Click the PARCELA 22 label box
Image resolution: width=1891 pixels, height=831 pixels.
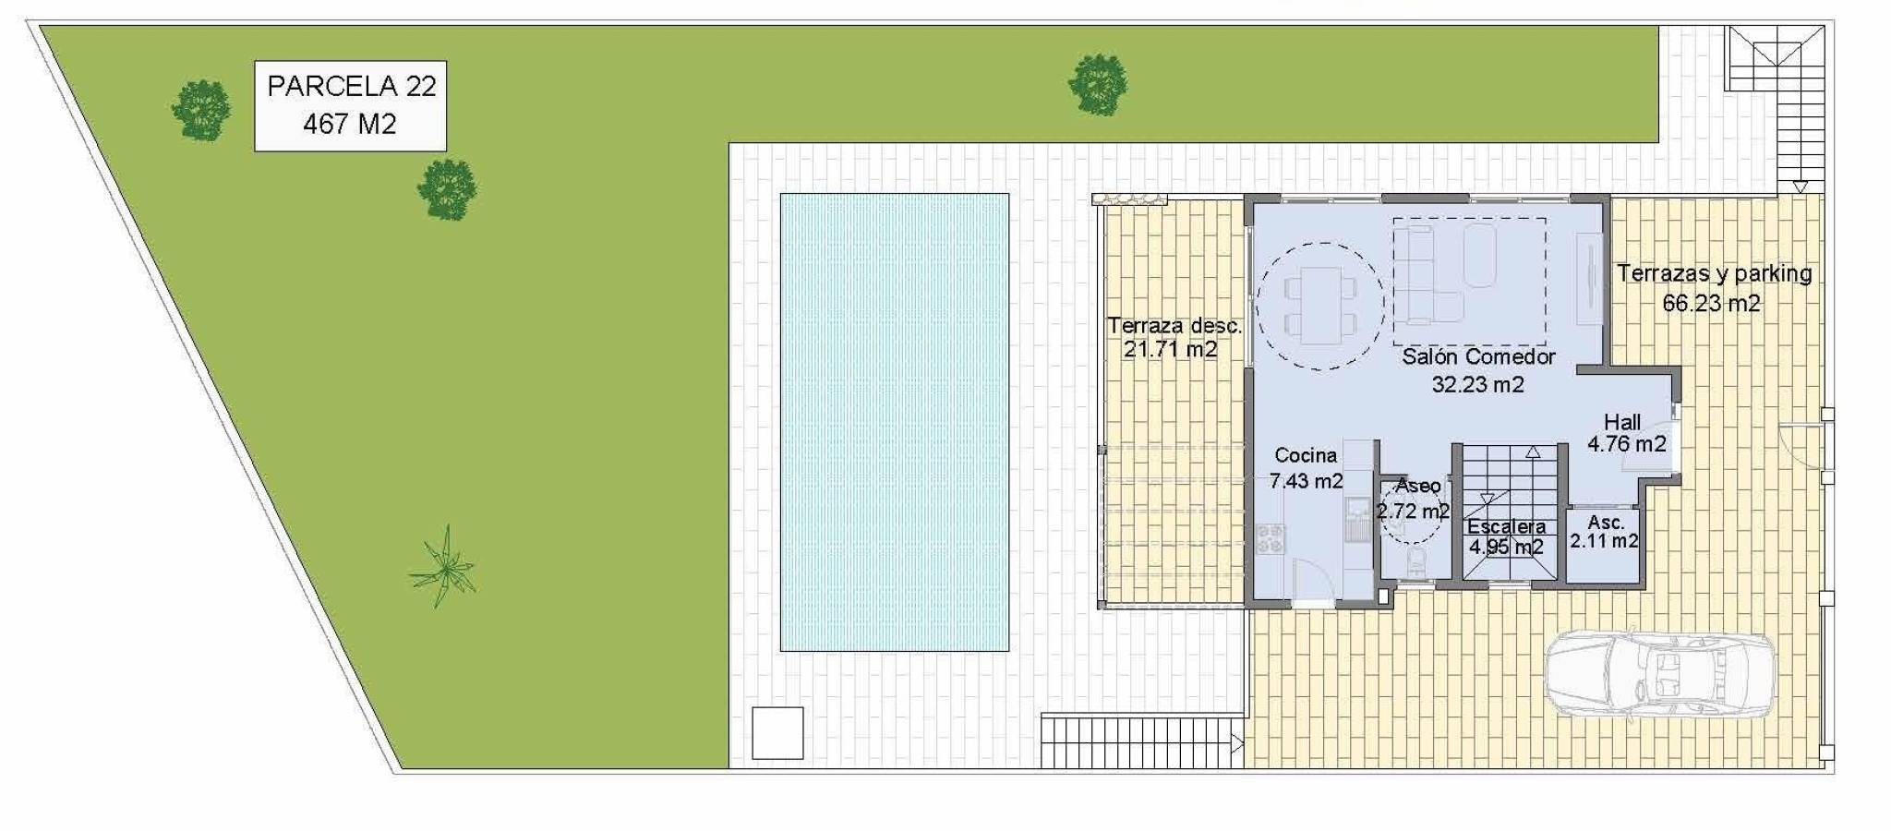350,106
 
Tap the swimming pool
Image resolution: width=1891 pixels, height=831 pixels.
894,422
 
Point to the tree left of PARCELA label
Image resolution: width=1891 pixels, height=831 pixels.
201,110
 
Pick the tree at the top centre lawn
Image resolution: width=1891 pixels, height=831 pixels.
1098,84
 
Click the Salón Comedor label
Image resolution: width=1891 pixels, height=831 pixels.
1478,370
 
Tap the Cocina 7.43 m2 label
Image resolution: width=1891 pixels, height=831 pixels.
1306,468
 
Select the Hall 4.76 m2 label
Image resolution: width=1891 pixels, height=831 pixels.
1626,433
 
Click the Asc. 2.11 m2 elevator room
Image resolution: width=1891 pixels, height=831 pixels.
1604,546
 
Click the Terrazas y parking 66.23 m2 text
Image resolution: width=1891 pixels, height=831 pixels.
1714,288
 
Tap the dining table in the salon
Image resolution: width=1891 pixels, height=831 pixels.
1321,304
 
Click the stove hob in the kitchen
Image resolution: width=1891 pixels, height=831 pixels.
1270,538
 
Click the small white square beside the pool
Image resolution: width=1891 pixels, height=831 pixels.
777,733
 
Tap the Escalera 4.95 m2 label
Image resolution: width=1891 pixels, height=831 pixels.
1506,536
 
